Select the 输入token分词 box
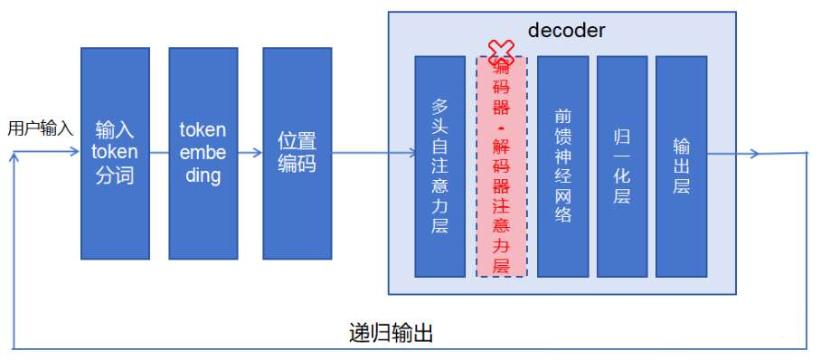tap(114, 153)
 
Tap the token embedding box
tap(203, 153)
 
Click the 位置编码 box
tap(297, 153)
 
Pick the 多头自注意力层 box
tap(439, 166)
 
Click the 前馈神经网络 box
tap(562, 166)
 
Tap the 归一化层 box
tap(621, 166)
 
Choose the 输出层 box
tap(681, 166)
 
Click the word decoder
tap(565, 30)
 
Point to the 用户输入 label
tap(40, 128)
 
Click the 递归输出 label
tap(391, 332)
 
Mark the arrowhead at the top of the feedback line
tap(14, 157)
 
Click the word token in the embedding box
tap(203, 130)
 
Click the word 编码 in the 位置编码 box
tap(297, 165)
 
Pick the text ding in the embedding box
tap(203, 175)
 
